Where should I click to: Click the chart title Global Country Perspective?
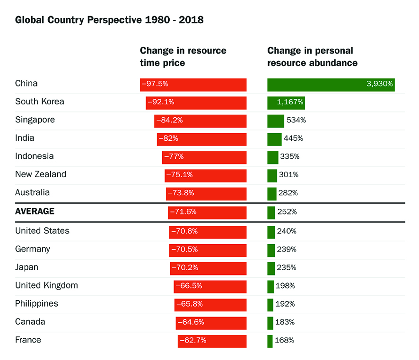point(109,20)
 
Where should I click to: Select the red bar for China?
point(193,85)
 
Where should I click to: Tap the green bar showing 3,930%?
point(331,85)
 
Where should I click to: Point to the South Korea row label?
point(39,102)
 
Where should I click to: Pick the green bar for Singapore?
point(275,121)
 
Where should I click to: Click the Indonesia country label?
point(34,156)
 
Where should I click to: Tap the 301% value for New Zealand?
point(288,175)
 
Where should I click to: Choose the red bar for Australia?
point(206,194)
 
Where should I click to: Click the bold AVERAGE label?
point(35,211)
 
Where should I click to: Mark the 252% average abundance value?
point(288,212)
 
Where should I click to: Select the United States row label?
point(42,231)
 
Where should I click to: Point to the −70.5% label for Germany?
point(184,249)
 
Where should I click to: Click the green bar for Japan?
point(271,268)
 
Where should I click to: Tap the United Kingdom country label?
point(46,285)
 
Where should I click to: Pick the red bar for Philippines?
point(210,305)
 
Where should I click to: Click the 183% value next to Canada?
point(286,322)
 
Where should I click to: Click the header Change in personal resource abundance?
point(312,57)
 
